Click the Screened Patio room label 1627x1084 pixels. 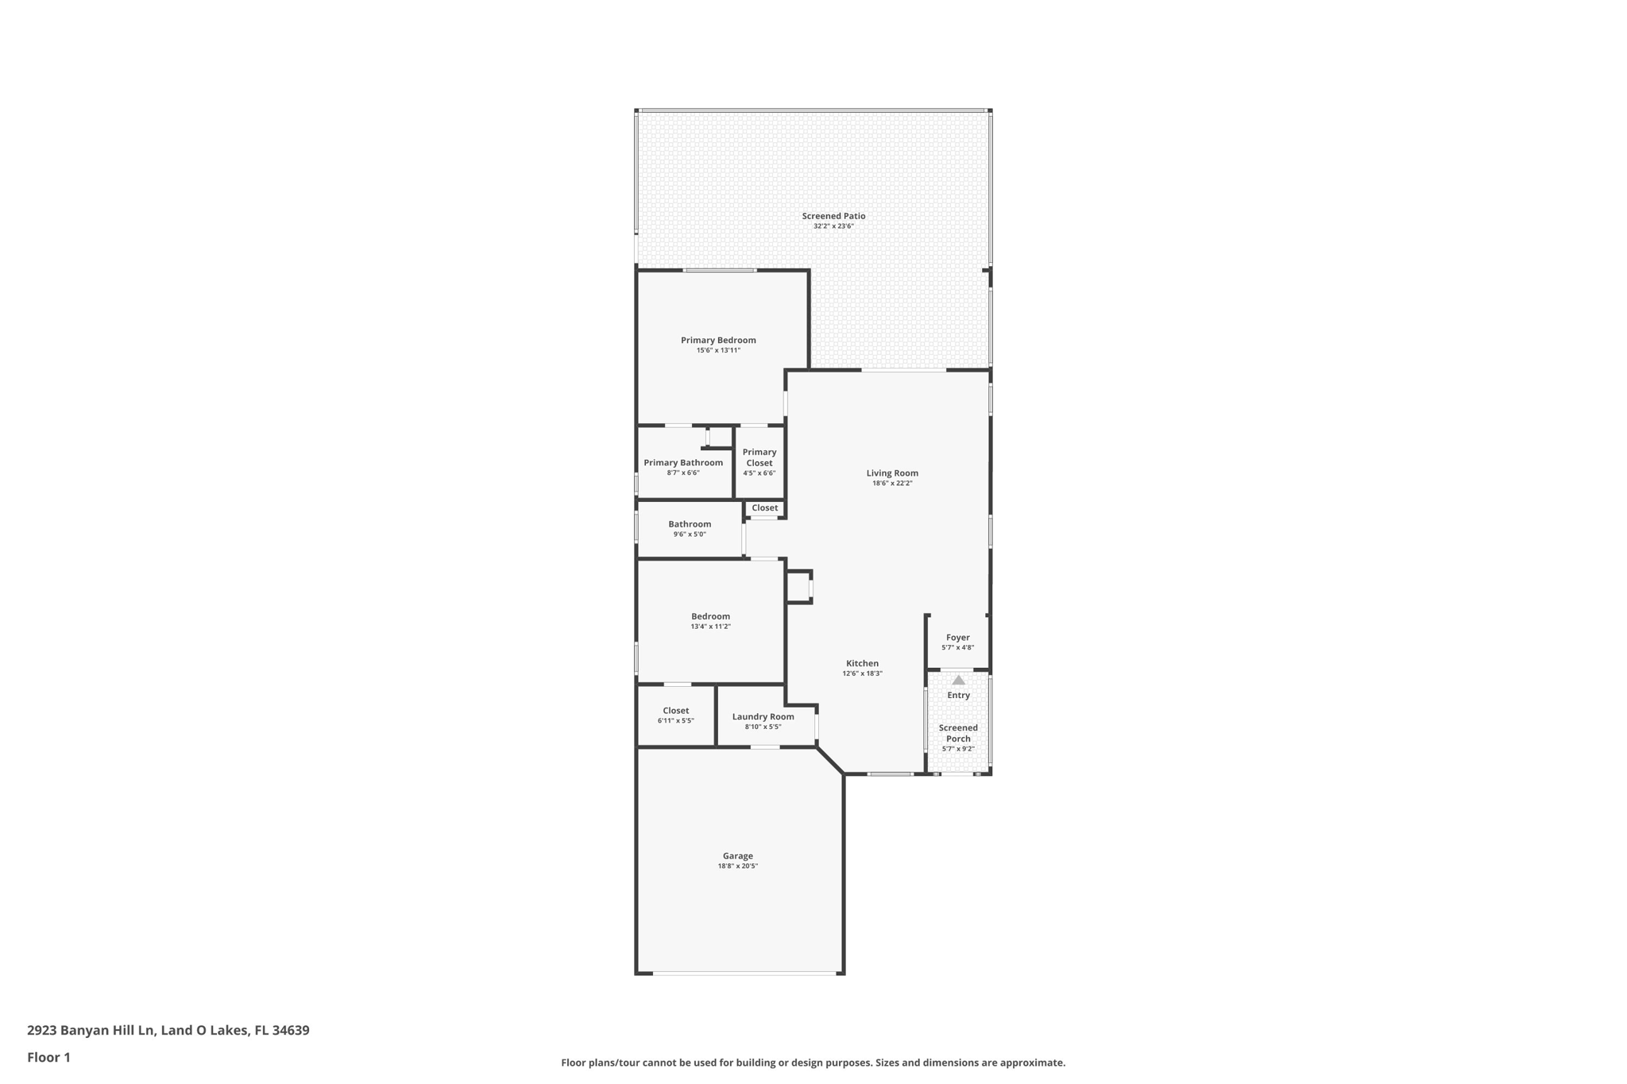coord(833,216)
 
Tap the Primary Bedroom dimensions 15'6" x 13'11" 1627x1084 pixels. coord(718,350)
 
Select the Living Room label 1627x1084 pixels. coord(892,473)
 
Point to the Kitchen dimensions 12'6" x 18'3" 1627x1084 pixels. coord(862,673)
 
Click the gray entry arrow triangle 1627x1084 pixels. coord(959,680)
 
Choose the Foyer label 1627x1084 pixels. coord(958,638)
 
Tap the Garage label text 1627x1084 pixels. coord(738,856)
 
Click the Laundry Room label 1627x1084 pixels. coord(763,717)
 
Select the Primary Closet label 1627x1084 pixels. coord(759,457)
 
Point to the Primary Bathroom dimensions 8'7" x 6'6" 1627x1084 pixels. coord(683,473)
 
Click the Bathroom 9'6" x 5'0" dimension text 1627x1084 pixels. coord(690,534)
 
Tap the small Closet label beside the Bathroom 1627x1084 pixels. coord(765,508)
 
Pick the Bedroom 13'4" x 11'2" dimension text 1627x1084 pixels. coord(710,627)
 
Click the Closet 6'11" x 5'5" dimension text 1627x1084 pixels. coord(676,721)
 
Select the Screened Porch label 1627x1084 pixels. coord(958,733)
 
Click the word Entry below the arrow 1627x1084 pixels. coord(959,696)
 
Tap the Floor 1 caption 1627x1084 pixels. coord(48,1057)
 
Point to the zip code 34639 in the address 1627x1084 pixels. coord(291,1030)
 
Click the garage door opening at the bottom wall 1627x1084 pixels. coord(745,973)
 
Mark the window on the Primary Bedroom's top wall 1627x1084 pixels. coord(720,271)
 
